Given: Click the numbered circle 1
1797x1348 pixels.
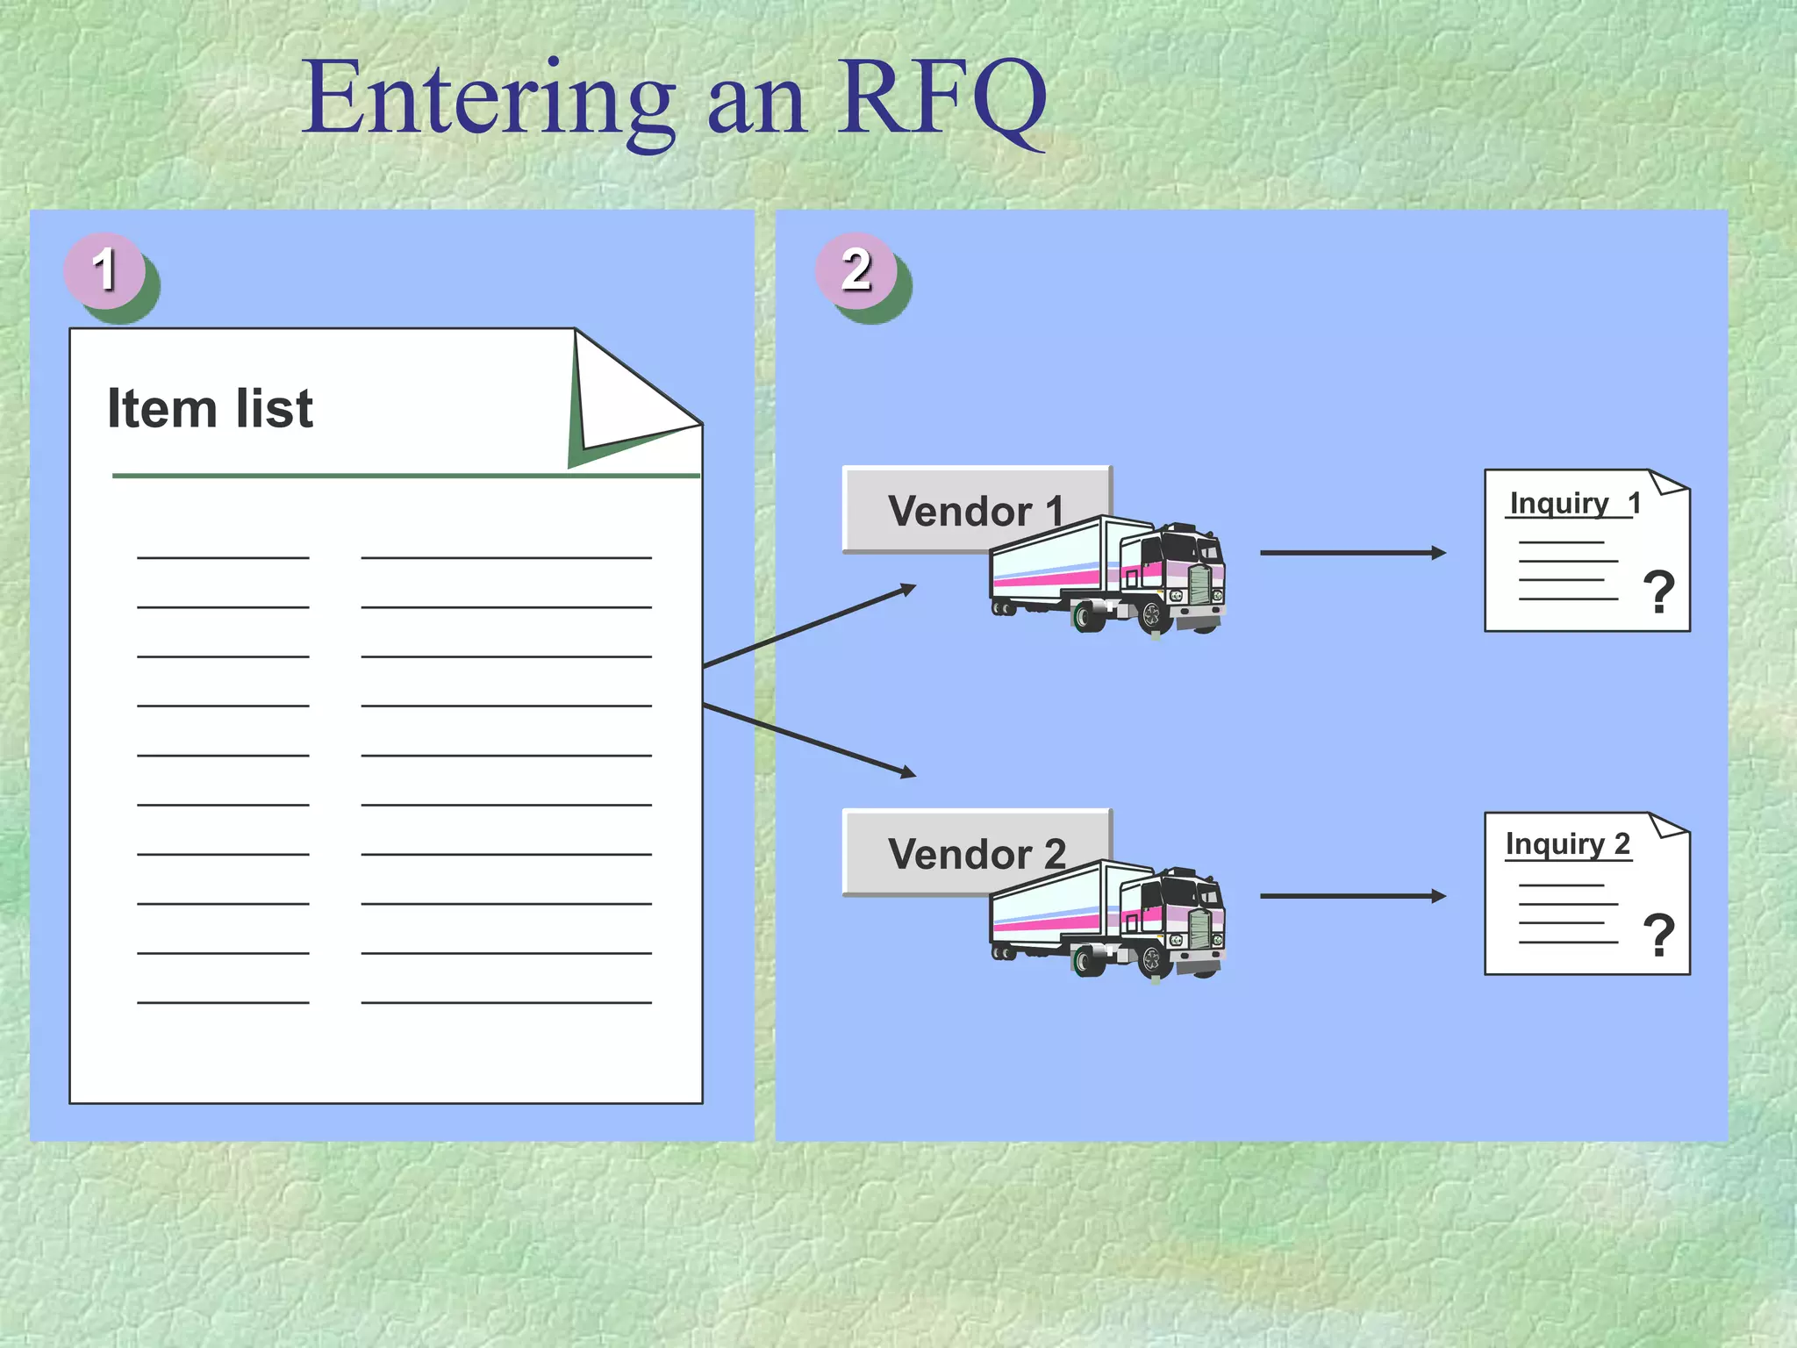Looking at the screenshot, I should (x=104, y=270).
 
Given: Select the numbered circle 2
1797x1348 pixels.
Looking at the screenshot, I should (x=856, y=270).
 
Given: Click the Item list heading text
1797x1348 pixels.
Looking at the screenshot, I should (x=210, y=409).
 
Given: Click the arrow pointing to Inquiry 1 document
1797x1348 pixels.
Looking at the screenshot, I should (x=1351, y=553).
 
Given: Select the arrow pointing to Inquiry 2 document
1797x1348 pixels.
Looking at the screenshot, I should (x=1351, y=896).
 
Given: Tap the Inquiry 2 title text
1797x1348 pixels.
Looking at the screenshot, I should (x=1567, y=844).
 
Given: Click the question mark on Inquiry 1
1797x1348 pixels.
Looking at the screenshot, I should (x=1658, y=592).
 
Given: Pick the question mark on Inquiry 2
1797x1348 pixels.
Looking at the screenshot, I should (x=1658, y=936).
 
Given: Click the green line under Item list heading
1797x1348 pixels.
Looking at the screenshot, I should (x=404, y=476).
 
